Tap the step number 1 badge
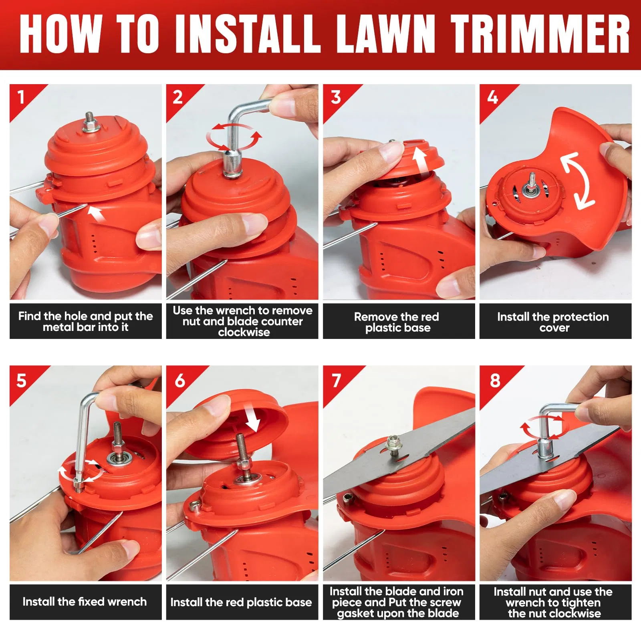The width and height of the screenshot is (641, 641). click(21, 97)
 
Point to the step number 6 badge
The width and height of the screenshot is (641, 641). click(180, 380)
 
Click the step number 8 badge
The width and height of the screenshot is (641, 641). click(495, 380)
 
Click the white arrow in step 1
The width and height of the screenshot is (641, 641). click(97, 214)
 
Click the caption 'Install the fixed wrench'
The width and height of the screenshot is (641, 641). click(85, 602)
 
